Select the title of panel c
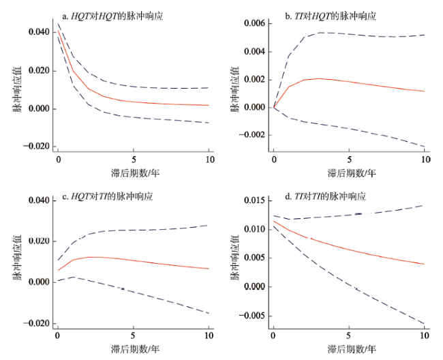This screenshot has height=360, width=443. tap(108, 196)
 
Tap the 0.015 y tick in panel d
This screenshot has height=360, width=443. tap(252, 200)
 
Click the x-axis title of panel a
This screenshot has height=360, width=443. tap(134, 173)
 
